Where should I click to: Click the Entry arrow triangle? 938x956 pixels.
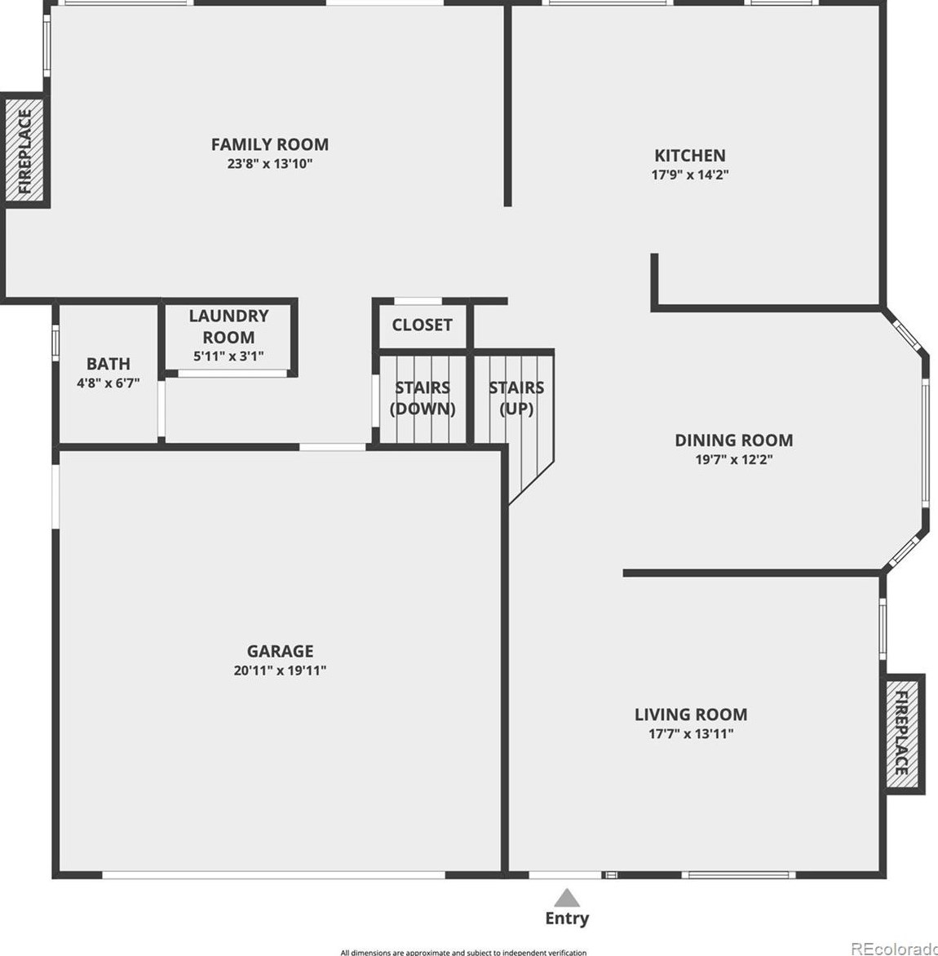click(x=567, y=898)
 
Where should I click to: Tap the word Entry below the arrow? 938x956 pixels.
click(x=567, y=918)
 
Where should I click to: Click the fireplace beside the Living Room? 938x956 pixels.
click(x=904, y=733)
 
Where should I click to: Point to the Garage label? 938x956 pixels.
click(x=280, y=651)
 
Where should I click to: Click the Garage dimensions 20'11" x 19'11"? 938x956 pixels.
click(x=280, y=671)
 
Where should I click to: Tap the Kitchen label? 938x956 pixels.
click(x=689, y=155)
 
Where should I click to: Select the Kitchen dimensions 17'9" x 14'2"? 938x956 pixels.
click(x=689, y=175)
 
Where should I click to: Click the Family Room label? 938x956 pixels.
click(x=270, y=144)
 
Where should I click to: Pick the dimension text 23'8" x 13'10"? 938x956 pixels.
click(x=270, y=164)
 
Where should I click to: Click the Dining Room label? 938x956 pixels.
click(x=733, y=440)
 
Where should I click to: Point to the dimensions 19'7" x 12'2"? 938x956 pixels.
click(x=733, y=459)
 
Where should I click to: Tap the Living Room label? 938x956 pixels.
click(x=691, y=715)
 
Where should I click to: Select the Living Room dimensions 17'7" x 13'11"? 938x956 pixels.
click(x=691, y=733)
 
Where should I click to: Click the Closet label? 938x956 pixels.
click(x=422, y=325)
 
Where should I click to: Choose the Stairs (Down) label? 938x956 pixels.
click(x=423, y=398)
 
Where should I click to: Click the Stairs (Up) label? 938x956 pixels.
click(x=516, y=398)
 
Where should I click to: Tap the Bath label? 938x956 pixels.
click(x=108, y=364)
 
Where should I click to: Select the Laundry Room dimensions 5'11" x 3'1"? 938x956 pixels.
click(x=228, y=356)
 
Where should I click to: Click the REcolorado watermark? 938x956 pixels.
click(x=893, y=948)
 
